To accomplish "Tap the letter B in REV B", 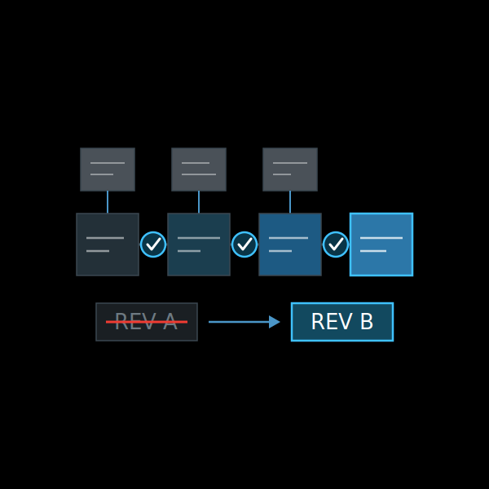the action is [x=367, y=321].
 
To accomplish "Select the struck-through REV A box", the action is [x=147, y=322].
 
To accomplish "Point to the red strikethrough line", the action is [x=147, y=322].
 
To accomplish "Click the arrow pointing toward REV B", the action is [x=244, y=322].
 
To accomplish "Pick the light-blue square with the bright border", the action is [x=381, y=244].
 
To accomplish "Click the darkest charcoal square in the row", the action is [x=108, y=244].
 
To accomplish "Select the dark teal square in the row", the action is [x=199, y=244].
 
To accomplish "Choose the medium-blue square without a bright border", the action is [x=290, y=244].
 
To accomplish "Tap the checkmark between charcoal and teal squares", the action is [x=153, y=244].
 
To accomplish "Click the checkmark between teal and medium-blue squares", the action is [x=244, y=244].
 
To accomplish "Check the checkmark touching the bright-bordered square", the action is [x=336, y=244].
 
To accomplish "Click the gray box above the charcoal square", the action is [x=108, y=170].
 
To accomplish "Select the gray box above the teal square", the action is [x=199, y=170].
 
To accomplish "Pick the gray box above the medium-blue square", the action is [x=290, y=170].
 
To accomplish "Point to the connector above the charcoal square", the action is [x=108, y=202].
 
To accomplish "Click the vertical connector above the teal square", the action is [x=199, y=202].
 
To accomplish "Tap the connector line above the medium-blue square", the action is [x=290, y=202].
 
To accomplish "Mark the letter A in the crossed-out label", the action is [x=170, y=321].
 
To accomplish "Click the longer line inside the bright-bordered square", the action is [x=381, y=238].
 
